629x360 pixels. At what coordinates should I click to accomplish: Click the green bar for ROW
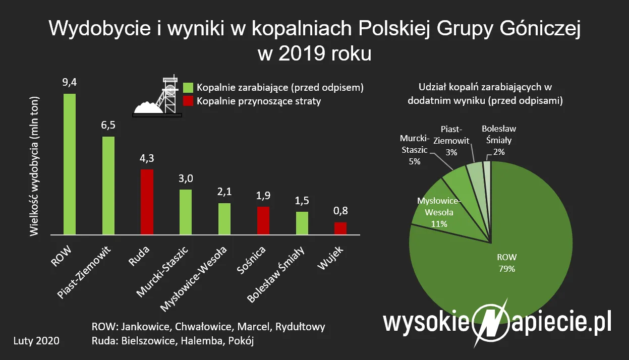point(70,164)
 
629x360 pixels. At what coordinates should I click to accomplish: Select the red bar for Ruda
point(147,202)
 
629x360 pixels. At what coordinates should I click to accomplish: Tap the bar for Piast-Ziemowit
point(108,185)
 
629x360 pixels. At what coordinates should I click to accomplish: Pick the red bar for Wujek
point(340,228)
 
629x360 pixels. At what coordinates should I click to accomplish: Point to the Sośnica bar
point(263,220)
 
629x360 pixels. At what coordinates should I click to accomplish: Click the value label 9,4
point(70,82)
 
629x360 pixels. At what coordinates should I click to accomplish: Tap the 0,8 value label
point(340,211)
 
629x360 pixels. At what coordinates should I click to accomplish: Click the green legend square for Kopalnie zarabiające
point(188,87)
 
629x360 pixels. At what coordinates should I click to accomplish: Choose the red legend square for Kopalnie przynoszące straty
point(188,101)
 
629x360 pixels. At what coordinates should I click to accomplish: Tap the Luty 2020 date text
point(36,341)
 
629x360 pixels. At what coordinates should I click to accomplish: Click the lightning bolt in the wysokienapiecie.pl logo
point(488,322)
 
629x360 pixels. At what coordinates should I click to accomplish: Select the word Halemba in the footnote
point(193,341)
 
